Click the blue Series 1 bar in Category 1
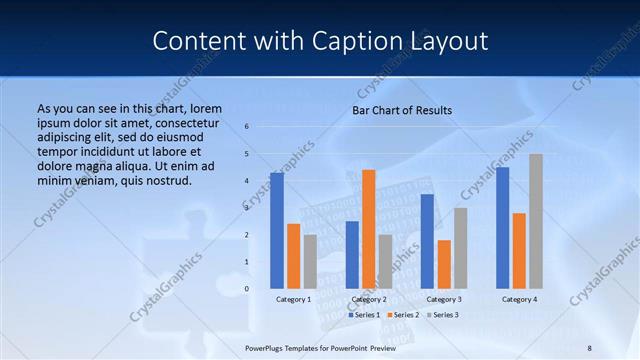277,231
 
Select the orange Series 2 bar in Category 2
369,229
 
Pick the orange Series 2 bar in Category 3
444,264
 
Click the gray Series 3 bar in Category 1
310,262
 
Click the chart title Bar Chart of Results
402,110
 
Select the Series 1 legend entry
364,315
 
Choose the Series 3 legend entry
441,315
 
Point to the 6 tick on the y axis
247,127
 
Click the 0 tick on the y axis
247,289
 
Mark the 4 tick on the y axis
247,181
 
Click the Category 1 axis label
294,299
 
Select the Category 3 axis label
444,299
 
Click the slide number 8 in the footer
589,347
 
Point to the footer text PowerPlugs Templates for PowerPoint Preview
320,347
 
